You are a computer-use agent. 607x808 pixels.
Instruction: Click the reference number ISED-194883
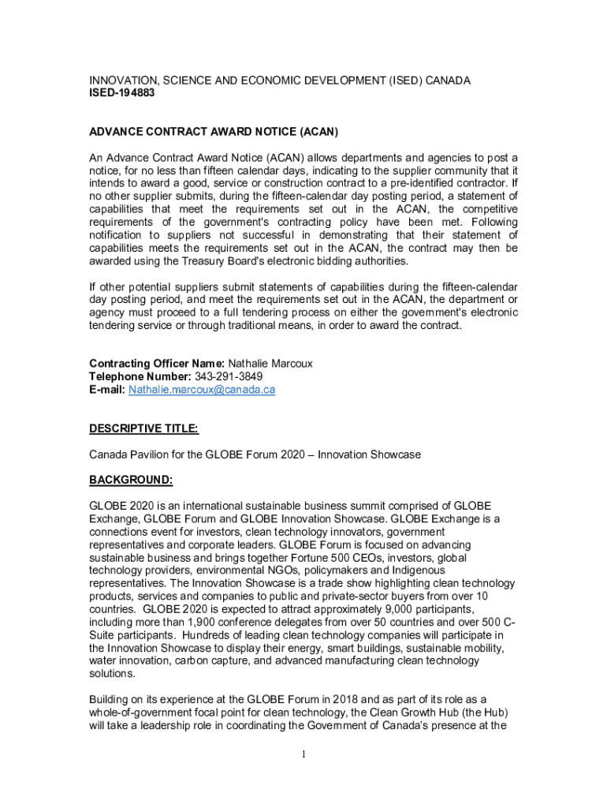coord(122,93)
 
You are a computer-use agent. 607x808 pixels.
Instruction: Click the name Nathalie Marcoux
coord(270,364)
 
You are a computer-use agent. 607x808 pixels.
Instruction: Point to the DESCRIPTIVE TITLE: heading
coord(143,428)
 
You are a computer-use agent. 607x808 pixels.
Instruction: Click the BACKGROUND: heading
coord(131,480)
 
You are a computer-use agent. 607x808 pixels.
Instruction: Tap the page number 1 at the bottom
coord(303,754)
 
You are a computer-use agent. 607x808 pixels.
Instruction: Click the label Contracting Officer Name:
coord(157,364)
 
